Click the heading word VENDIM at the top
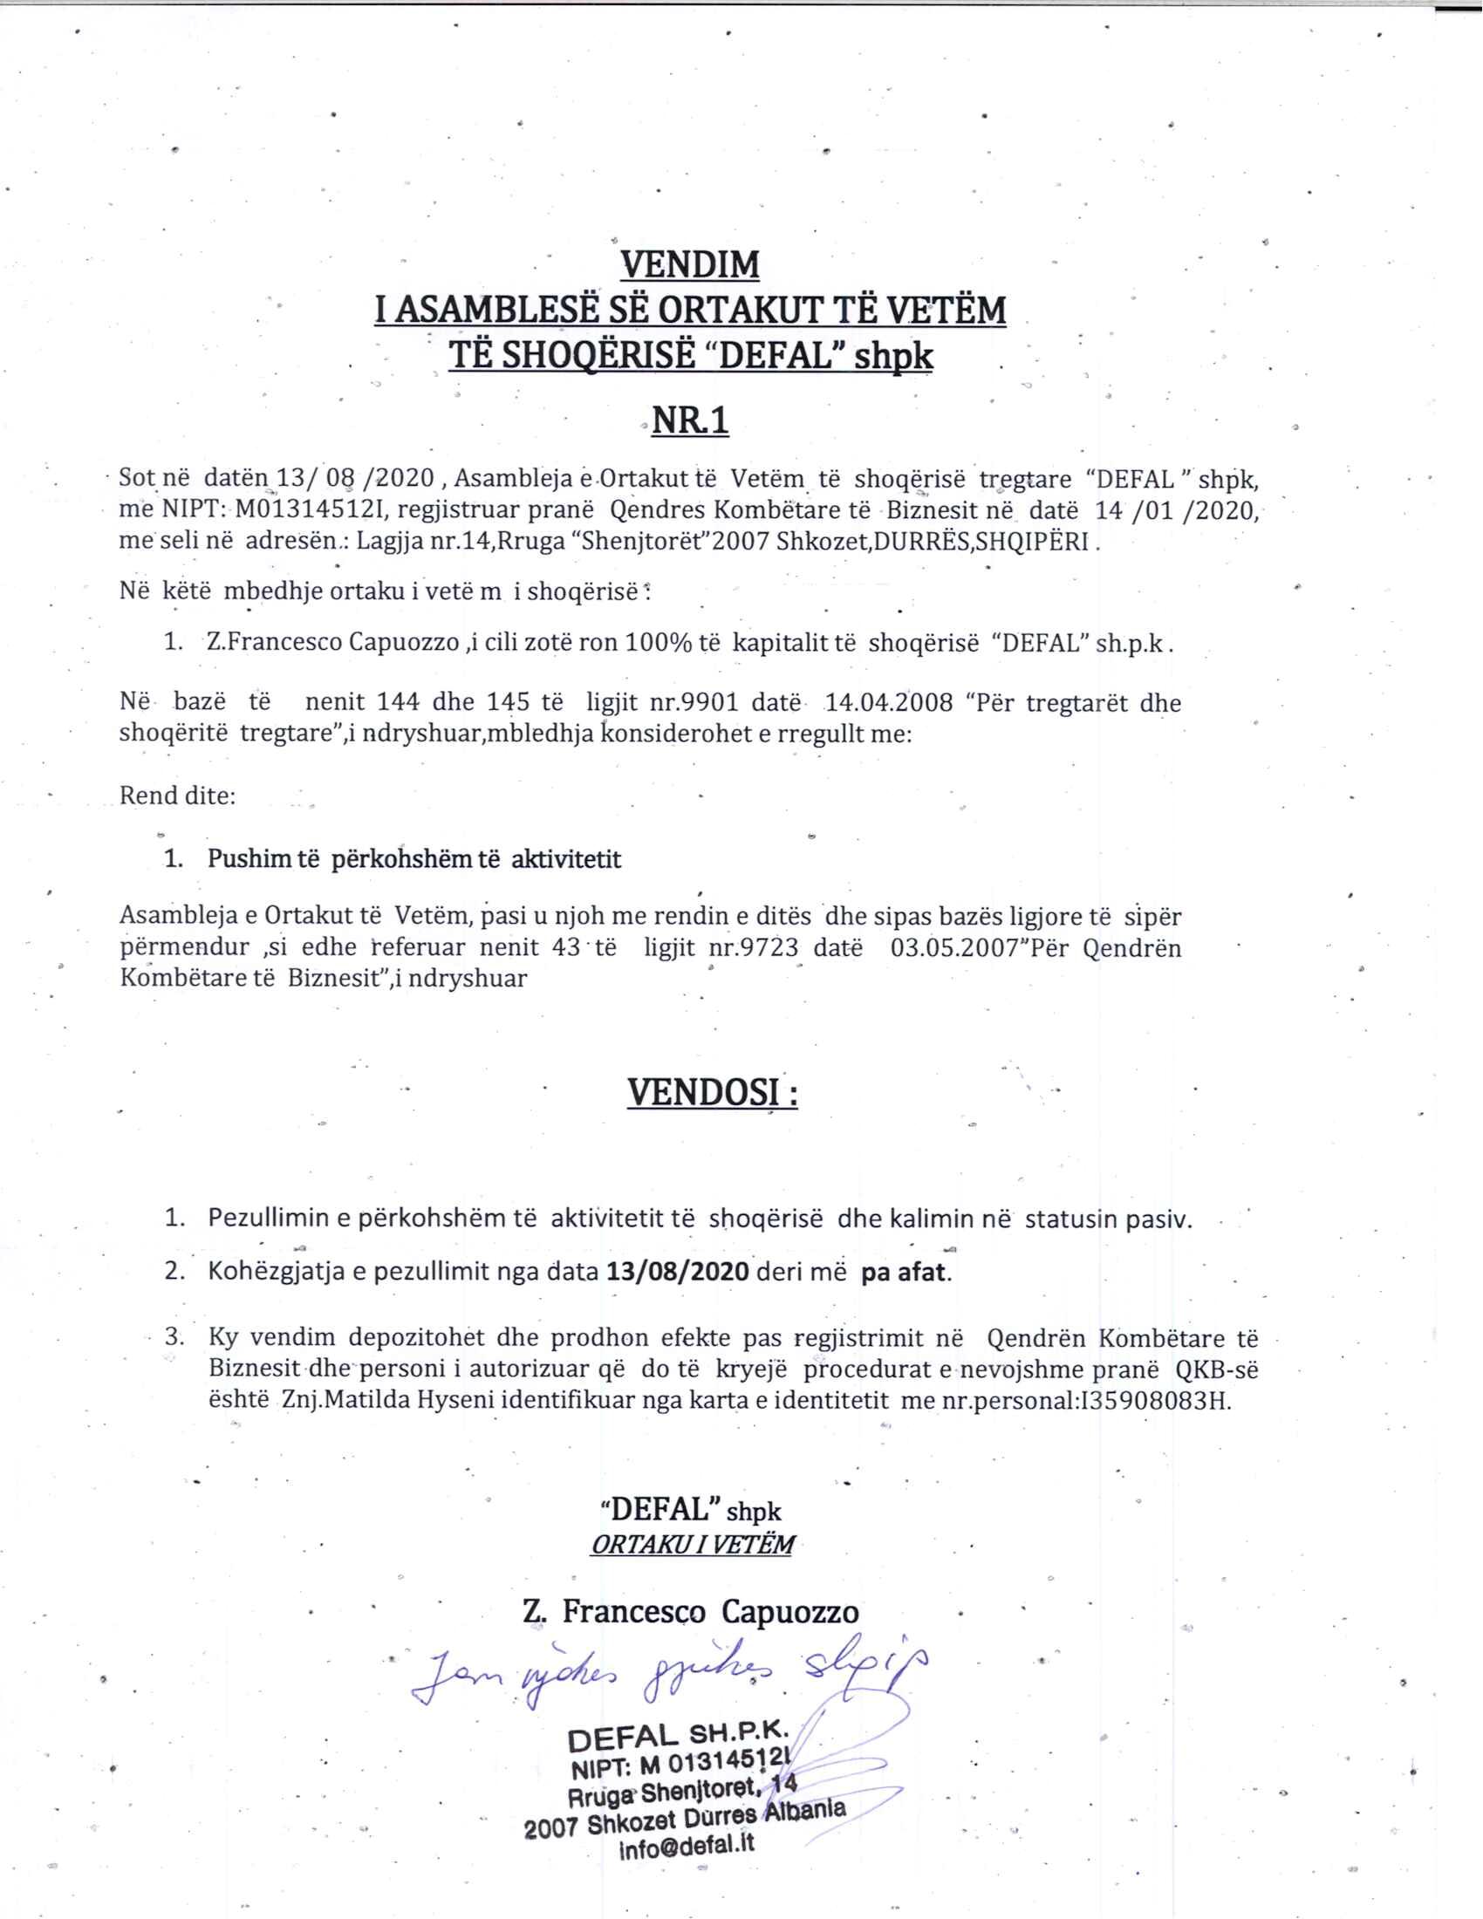point(690,263)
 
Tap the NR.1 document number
point(690,422)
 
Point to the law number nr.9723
point(740,948)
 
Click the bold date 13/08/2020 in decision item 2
point(677,1273)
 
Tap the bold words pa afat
point(906,1273)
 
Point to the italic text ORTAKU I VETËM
point(692,1545)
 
